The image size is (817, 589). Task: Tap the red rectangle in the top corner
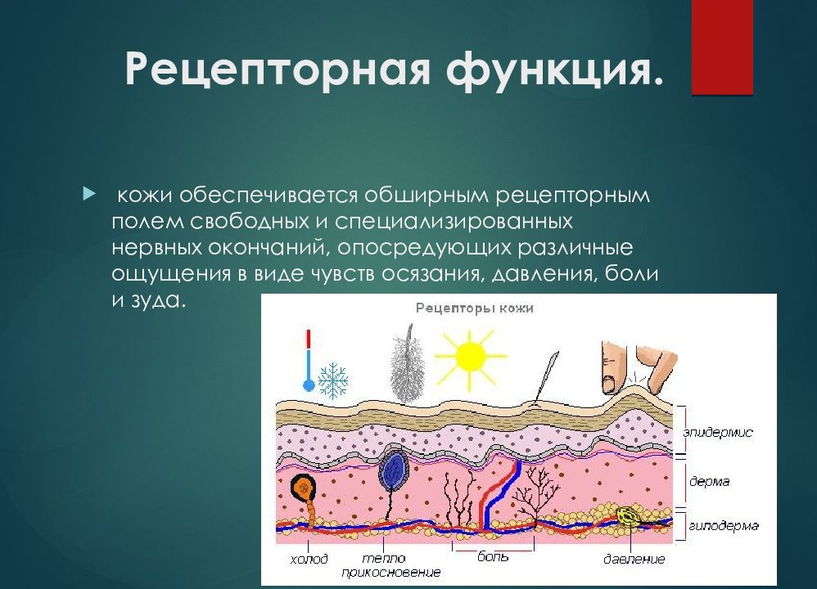721,47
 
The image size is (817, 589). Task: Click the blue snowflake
333,380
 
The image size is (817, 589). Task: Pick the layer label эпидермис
717,431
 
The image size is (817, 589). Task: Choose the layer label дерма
708,482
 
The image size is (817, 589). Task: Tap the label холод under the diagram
309,559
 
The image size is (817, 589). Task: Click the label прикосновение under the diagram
391,572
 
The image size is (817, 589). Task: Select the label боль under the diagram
493,557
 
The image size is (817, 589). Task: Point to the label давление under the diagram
634,559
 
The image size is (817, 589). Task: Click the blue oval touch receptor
395,471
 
